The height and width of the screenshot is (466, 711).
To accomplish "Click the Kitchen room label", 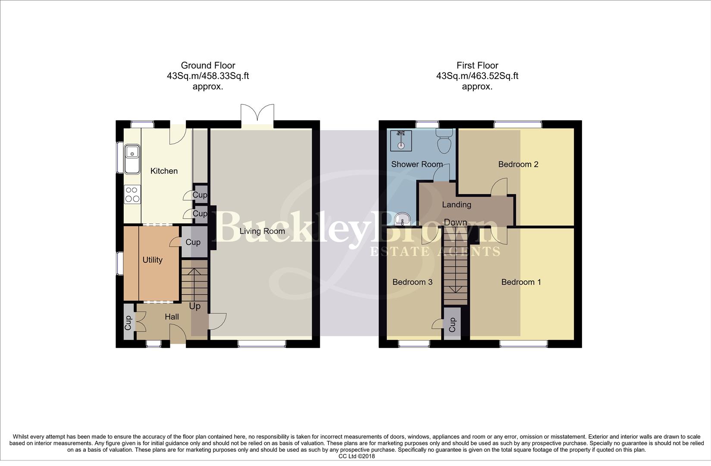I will pyautogui.click(x=164, y=171).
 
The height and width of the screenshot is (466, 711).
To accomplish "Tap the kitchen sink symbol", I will pyautogui.click(x=132, y=158).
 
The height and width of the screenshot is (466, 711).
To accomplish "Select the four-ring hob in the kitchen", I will pyautogui.click(x=132, y=194).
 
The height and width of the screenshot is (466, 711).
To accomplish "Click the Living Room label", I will pyautogui.click(x=262, y=231).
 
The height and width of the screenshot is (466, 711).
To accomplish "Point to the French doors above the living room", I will pyautogui.click(x=257, y=115).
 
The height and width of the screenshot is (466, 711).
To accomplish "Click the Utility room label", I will pyautogui.click(x=152, y=260).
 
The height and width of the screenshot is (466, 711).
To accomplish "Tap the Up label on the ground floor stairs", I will pyautogui.click(x=195, y=306).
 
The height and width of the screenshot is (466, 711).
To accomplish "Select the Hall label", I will pyautogui.click(x=172, y=317).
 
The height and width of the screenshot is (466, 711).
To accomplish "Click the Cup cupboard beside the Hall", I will pyautogui.click(x=128, y=323).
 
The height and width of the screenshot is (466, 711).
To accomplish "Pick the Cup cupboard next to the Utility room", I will pyautogui.click(x=193, y=242).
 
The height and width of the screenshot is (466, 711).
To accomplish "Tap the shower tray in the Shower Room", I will pyautogui.click(x=401, y=139).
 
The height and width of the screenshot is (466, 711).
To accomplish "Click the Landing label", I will pyautogui.click(x=457, y=205).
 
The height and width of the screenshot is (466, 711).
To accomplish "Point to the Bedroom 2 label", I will pyautogui.click(x=518, y=164).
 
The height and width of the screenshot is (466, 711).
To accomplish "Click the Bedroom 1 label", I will pyautogui.click(x=521, y=282).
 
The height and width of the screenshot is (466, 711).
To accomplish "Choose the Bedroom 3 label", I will pyautogui.click(x=412, y=282).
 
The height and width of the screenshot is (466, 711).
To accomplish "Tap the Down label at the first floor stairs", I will pyautogui.click(x=455, y=222).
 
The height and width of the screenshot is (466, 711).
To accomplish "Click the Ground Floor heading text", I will pyautogui.click(x=208, y=66).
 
